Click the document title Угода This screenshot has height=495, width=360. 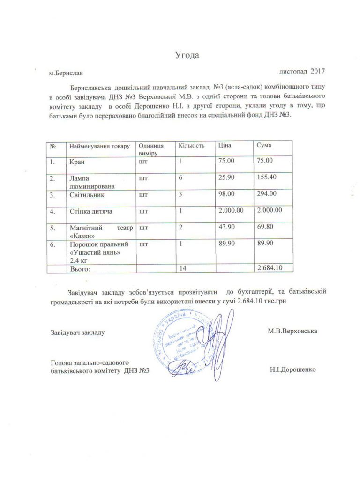tap(187, 56)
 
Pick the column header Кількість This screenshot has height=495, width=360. tap(192, 146)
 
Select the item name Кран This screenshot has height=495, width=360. tap(78, 162)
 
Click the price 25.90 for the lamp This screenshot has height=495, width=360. tap(228, 178)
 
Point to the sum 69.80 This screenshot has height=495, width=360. tap(266, 228)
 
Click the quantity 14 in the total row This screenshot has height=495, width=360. tap(181, 269)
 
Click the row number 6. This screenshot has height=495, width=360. tap(52, 244)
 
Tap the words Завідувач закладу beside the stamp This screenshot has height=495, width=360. tap(77, 332)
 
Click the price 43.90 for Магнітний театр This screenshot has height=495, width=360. tap(228, 228)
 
